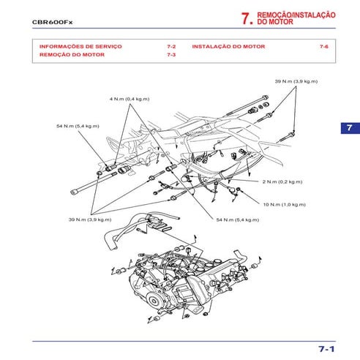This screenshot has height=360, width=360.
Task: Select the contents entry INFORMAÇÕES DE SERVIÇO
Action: click(80, 46)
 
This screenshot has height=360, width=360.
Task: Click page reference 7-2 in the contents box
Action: click(170, 46)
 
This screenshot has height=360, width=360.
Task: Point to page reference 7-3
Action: click(170, 55)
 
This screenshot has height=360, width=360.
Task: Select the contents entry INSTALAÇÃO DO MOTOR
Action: click(228, 46)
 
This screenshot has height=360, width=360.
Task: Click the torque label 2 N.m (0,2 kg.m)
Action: click(282, 180)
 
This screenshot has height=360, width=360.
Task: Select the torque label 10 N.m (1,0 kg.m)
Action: click(283, 204)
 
